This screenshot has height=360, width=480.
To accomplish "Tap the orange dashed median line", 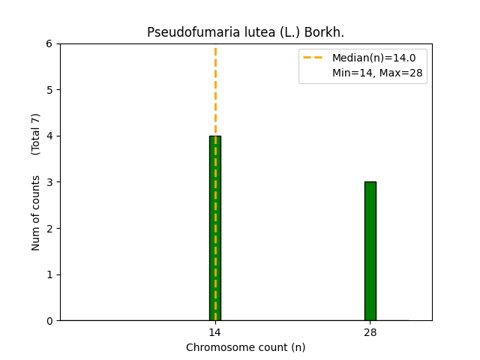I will (x=215, y=90).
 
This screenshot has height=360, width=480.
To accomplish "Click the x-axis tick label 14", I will (x=215, y=332).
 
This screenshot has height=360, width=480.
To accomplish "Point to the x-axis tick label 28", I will (x=370, y=332).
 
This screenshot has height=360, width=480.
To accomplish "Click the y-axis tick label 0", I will (x=49, y=321).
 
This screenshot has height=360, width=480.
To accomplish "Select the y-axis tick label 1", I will (x=49, y=274).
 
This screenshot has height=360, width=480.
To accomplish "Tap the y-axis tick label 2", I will (x=49, y=229).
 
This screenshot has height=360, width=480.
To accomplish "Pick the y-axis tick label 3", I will (x=49, y=182).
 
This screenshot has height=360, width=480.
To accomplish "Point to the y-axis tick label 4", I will (x=49, y=136).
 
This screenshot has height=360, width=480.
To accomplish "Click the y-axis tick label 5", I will (x=49, y=90).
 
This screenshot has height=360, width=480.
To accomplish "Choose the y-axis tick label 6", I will (x=49, y=44).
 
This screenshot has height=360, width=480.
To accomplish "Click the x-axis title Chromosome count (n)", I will (x=246, y=347).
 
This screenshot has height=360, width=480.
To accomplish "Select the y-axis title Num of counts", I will (x=36, y=213).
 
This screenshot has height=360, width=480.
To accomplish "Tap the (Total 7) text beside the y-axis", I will (x=36, y=134).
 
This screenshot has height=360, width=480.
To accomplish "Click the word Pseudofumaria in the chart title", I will (x=182, y=32).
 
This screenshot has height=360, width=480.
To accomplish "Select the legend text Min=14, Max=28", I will (x=377, y=73).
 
